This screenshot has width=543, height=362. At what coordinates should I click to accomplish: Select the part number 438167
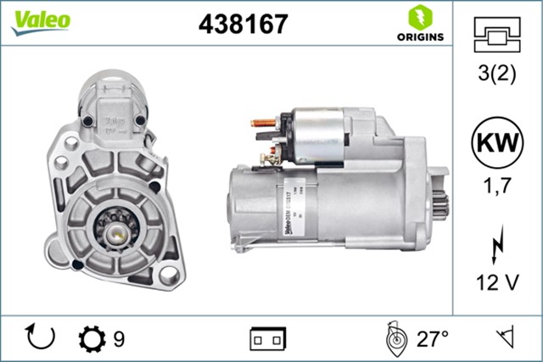[243, 24]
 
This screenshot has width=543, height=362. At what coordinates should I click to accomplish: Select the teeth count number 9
[120, 339]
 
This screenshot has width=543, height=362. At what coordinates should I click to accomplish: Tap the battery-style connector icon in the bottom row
[267, 339]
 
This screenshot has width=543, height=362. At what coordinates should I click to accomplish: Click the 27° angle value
[432, 339]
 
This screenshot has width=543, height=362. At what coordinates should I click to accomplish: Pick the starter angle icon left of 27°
[394, 339]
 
